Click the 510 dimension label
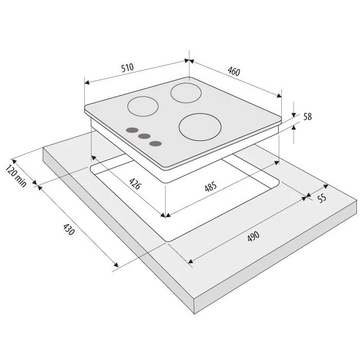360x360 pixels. (x=128, y=67)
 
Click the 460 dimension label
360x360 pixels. (x=234, y=71)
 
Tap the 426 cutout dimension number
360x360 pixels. (x=135, y=184)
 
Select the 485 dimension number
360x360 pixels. (x=210, y=186)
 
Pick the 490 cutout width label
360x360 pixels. (x=254, y=236)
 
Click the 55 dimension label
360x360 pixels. (x=322, y=198)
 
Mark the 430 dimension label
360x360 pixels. (x=68, y=229)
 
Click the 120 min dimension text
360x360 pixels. (x=16, y=176)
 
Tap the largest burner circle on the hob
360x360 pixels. (x=200, y=127)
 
